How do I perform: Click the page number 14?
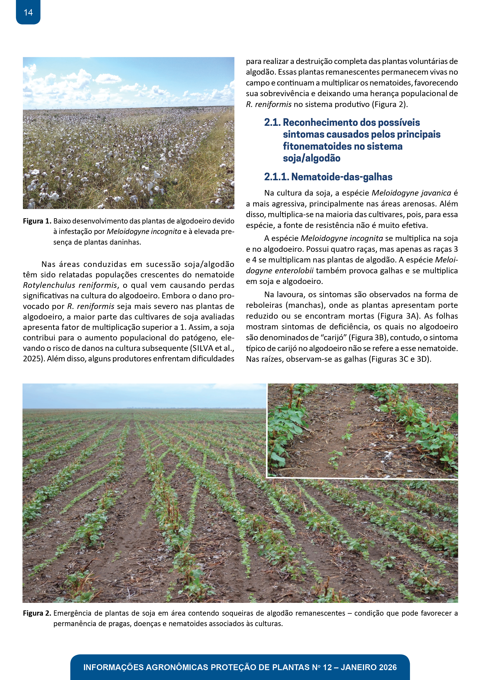[28, 12]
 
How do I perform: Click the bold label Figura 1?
[37, 221]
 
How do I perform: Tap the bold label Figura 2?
[37, 613]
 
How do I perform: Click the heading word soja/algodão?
[311, 158]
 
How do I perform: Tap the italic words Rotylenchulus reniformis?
[70, 285]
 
